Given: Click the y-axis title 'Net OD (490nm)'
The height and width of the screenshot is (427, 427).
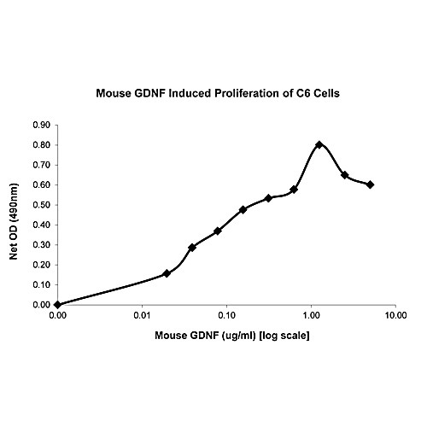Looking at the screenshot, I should pyautogui.click(x=17, y=213).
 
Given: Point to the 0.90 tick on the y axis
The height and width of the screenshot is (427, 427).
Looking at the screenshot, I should pyautogui.click(x=41, y=125).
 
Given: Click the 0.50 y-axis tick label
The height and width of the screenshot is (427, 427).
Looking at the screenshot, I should pyautogui.click(x=41, y=204).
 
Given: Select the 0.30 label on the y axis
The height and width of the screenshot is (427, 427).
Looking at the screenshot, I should pyautogui.click(x=41, y=244).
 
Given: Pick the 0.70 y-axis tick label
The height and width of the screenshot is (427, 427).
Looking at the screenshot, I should pyautogui.click(x=41, y=164).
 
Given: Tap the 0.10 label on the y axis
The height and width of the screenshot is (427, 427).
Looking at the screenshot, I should pyautogui.click(x=41, y=284).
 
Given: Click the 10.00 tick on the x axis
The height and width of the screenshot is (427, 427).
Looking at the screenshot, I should pyautogui.click(x=395, y=316).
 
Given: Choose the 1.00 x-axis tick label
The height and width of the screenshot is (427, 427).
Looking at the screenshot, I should pyautogui.click(x=311, y=316).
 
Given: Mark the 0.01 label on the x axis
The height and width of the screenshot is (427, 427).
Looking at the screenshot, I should pyautogui.click(x=142, y=316).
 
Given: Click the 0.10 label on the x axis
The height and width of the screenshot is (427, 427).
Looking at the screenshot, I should pyautogui.click(x=226, y=316).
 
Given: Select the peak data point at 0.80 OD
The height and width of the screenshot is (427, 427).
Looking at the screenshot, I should pyautogui.click(x=319, y=144).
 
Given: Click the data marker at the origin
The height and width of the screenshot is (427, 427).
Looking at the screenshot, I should pyautogui.click(x=57, y=304).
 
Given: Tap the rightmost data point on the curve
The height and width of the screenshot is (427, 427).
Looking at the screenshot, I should pyautogui.click(x=370, y=184).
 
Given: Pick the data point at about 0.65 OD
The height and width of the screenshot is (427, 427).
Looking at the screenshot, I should pyautogui.click(x=344, y=175).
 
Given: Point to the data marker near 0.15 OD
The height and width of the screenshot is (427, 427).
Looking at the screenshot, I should pyautogui.click(x=167, y=273).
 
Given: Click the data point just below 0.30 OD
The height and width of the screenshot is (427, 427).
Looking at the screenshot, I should pyautogui.click(x=192, y=248).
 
